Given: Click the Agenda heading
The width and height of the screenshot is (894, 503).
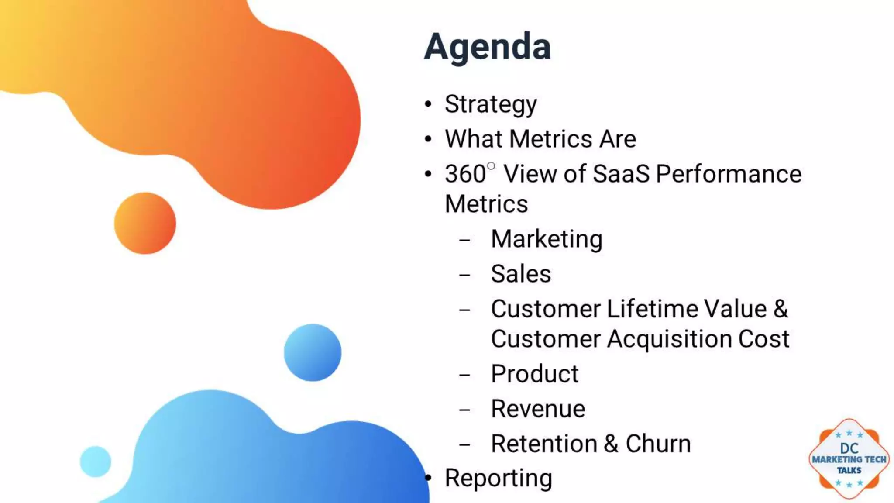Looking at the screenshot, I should [x=487, y=47].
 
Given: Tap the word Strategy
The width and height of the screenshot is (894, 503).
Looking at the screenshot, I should [x=491, y=105].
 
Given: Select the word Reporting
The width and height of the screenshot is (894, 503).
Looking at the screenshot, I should [x=499, y=478].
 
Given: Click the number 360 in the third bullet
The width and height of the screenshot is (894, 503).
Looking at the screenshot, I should [x=465, y=174].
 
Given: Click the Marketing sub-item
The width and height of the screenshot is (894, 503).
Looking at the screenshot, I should [x=547, y=239].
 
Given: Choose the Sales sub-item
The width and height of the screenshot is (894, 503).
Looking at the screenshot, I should [x=521, y=274].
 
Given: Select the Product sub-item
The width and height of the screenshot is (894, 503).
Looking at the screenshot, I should [x=535, y=374].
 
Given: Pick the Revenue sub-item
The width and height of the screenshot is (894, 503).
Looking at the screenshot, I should [x=538, y=409].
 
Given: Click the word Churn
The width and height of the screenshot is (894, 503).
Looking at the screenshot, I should [x=658, y=444].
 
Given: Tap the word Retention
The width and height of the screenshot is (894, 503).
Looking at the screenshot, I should [x=544, y=444].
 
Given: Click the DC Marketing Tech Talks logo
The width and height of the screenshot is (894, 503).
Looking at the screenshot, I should [x=849, y=459].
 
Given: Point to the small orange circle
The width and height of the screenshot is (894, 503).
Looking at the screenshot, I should [x=145, y=223].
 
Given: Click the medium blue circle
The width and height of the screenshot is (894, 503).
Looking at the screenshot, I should [x=313, y=352].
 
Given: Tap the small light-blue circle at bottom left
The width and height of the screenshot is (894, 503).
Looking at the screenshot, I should [x=96, y=461].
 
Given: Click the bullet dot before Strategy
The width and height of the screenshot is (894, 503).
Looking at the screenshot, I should [x=428, y=105].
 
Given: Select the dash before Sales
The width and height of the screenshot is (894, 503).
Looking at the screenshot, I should [x=465, y=275].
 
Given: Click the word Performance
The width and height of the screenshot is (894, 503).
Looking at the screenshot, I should [x=729, y=174].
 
